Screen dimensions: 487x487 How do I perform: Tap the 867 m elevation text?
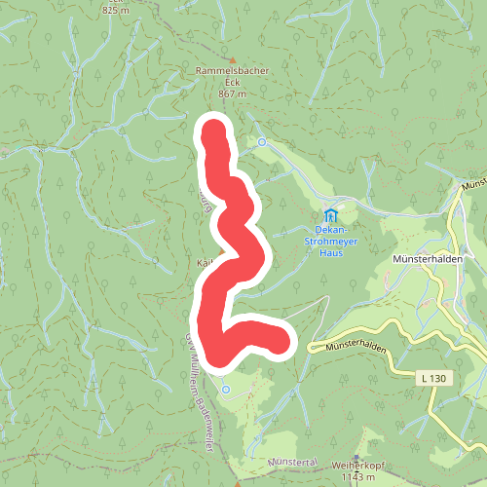click(x=231, y=94)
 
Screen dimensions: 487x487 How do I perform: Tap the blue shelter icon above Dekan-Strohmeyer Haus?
click(x=330, y=215)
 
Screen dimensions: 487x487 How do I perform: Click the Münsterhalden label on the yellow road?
click(x=350, y=345)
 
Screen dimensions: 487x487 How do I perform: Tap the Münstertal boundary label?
click(x=292, y=459)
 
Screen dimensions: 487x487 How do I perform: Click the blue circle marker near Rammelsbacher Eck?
click(x=262, y=142)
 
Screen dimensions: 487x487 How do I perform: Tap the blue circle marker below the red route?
click(x=225, y=389)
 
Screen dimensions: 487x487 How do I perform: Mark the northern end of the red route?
click(x=213, y=128)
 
